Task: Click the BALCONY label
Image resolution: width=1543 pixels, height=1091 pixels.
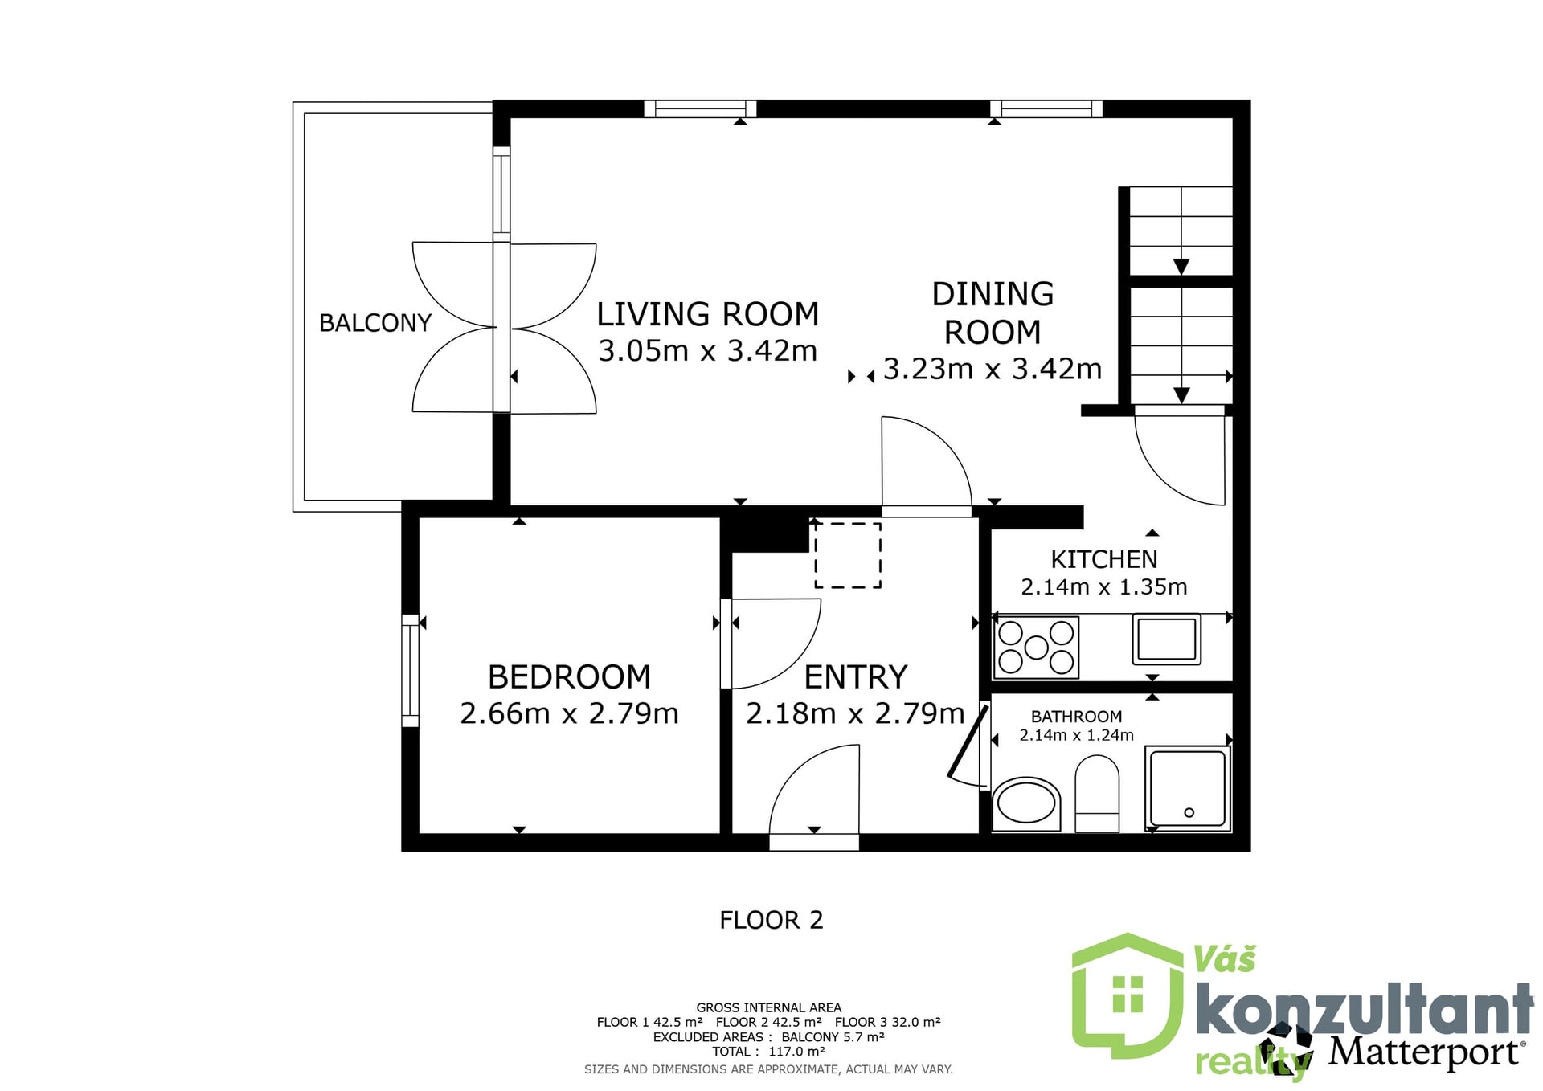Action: coord(375,323)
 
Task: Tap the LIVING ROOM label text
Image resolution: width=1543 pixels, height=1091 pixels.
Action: coord(708,314)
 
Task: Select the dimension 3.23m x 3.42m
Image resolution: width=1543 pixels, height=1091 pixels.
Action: coord(993,369)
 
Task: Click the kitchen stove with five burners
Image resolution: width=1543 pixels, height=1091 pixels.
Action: coord(1036,647)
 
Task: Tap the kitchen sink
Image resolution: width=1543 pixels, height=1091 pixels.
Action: coord(1167,639)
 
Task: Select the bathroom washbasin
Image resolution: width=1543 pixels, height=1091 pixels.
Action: coord(1026,803)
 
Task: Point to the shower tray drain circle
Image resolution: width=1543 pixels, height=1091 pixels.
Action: coord(1189,813)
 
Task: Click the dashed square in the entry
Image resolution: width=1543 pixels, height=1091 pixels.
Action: coord(848,556)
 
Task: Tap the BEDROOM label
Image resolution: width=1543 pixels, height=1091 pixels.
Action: coord(570,677)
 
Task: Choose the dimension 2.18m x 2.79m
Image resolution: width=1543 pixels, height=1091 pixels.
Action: coord(855,713)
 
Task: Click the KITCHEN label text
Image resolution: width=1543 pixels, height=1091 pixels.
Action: coord(1104,559)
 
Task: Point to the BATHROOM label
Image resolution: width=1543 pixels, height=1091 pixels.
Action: coord(1076,717)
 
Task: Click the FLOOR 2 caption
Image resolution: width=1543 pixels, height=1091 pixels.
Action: coord(771,920)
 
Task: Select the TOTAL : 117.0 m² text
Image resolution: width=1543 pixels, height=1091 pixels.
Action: coord(768,1052)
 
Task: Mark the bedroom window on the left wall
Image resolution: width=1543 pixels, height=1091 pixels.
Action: coord(410,671)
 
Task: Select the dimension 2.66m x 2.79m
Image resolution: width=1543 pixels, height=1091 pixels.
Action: coord(570,713)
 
